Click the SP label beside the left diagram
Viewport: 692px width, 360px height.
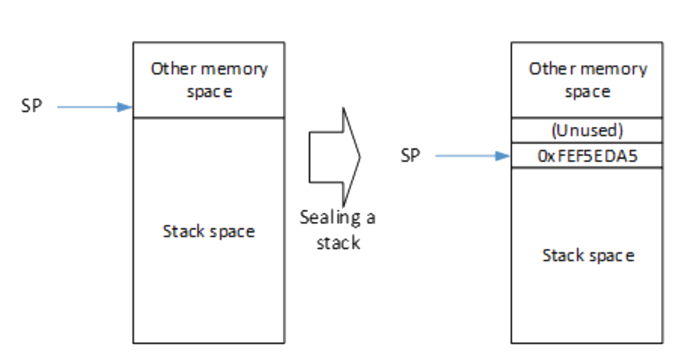[x=31, y=106]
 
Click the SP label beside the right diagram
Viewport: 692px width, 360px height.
[x=410, y=156]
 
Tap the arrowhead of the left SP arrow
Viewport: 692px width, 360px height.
[x=127, y=107]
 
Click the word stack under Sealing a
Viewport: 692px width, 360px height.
[x=338, y=243]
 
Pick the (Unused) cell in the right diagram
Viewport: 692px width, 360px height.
[x=586, y=131]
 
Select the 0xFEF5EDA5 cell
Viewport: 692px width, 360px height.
[x=586, y=156]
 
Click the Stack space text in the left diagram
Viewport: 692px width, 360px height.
[x=209, y=231]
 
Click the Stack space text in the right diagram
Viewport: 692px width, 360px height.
[x=588, y=256]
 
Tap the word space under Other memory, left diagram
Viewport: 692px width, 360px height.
[x=209, y=92]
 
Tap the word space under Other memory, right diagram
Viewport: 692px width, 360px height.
[x=587, y=92]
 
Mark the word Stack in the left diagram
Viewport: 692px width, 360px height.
[x=181, y=231]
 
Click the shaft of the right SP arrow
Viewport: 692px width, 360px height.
[x=466, y=156]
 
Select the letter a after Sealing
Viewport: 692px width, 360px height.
[x=370, y=218]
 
